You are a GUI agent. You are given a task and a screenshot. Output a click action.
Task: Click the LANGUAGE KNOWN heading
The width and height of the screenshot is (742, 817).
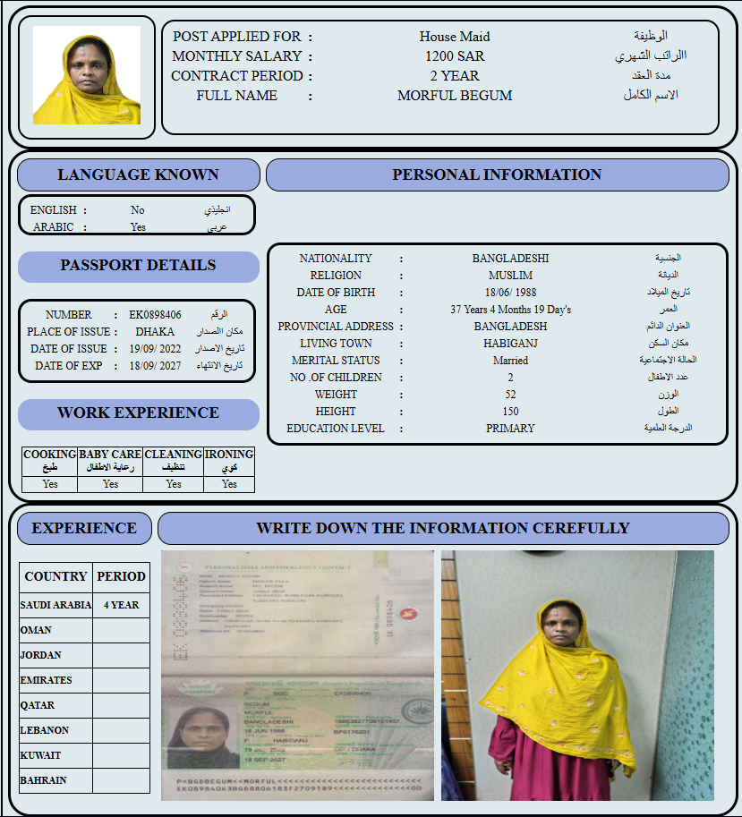pos(138,174)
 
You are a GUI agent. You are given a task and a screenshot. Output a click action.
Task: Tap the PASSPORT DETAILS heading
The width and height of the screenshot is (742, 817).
pos(138,265)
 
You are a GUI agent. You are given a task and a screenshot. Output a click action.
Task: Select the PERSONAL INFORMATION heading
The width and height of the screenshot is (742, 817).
pos(497,174)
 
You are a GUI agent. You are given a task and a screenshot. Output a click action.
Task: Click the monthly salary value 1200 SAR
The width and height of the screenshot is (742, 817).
pos(455,56)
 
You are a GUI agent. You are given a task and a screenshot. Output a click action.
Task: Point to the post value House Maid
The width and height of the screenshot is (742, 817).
pos(455,37)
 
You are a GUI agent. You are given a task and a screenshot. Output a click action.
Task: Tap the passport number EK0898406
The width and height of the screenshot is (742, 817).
pos(155,315)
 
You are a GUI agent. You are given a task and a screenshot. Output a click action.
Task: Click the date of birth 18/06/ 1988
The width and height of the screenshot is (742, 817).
pos(510,293)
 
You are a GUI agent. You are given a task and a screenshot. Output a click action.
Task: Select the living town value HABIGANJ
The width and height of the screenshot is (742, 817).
pos(510,344)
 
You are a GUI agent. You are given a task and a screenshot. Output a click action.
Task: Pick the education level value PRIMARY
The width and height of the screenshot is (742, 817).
pos(510,429)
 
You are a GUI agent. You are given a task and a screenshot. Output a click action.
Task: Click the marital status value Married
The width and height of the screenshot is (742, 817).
pos(510,361)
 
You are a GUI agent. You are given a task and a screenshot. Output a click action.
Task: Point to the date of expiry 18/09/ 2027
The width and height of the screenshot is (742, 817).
pos(155,366)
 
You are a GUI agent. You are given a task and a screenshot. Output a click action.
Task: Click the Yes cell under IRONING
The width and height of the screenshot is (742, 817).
pos(229,484)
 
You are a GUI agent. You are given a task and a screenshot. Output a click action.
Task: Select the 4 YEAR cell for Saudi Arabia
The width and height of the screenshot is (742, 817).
pos(121,605)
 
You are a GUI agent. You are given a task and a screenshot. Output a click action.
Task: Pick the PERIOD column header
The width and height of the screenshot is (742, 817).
pos(121,576)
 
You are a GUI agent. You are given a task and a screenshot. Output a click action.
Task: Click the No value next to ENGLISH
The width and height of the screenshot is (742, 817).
pos(137,210)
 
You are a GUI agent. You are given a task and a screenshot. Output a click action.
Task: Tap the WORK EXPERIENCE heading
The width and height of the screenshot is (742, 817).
pos(138,413)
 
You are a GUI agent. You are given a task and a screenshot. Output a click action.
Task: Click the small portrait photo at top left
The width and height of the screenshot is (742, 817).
pos(87,75)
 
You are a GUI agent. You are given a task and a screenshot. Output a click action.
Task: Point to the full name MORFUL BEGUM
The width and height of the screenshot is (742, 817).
pos(455,96)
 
